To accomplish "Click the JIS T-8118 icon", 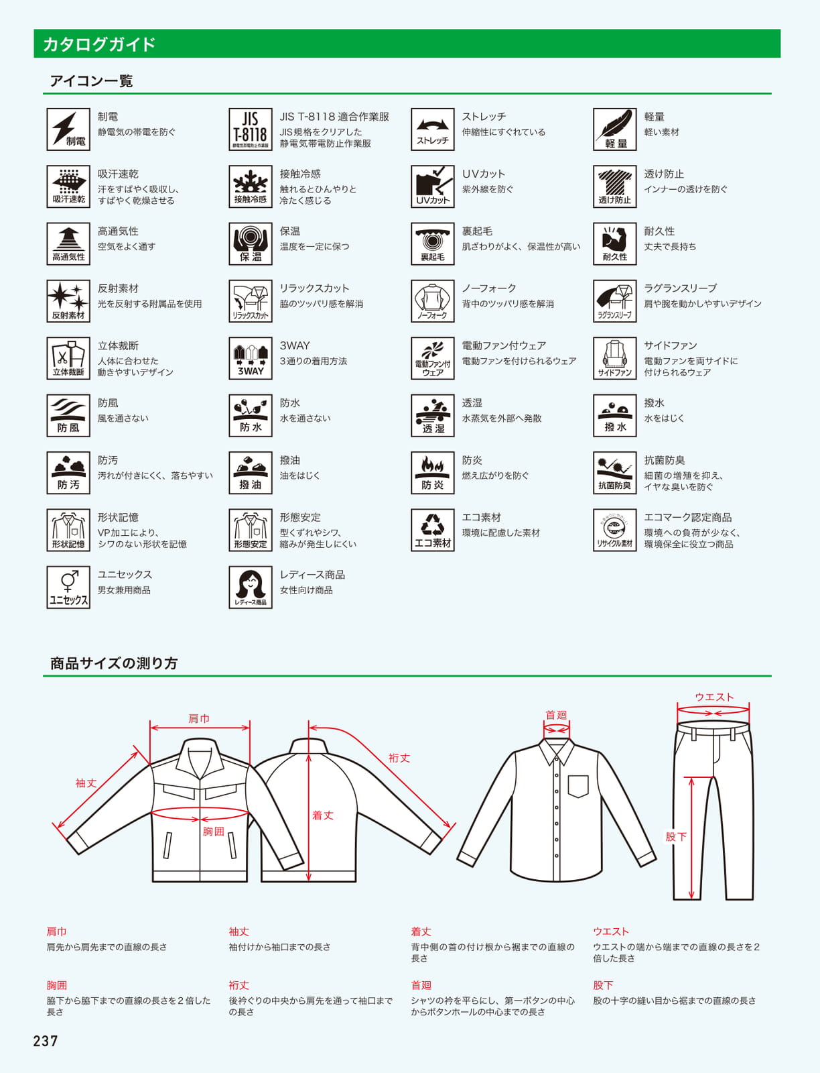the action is click(250, 129).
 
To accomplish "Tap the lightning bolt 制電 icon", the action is click(68, 129).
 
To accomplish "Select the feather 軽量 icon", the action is click(614, 129).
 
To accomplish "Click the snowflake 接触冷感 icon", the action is click(250, 186).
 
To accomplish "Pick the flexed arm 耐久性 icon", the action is click(614, 243).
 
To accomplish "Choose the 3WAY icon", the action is click(250, 358).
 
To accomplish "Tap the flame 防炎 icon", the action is click(432, 472).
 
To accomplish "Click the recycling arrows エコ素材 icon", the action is click(432, 529).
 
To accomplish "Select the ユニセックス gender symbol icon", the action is click(68, 587).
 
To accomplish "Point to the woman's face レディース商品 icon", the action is click(250, 587).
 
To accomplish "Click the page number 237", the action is click(46, 1041).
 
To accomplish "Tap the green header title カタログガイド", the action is click(99, 44).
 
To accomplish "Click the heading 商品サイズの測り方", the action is click(114, 663).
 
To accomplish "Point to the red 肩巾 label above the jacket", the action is click(199, 718).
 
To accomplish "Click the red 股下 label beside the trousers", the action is click(676, 836).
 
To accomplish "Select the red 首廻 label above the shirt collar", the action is click(556, 715).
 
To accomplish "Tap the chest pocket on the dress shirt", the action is click(577, 786).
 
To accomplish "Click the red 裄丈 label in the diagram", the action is click(399, 758).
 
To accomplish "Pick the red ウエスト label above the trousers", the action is click(714, 697).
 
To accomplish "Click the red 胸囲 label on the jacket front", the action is click(214, 831).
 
